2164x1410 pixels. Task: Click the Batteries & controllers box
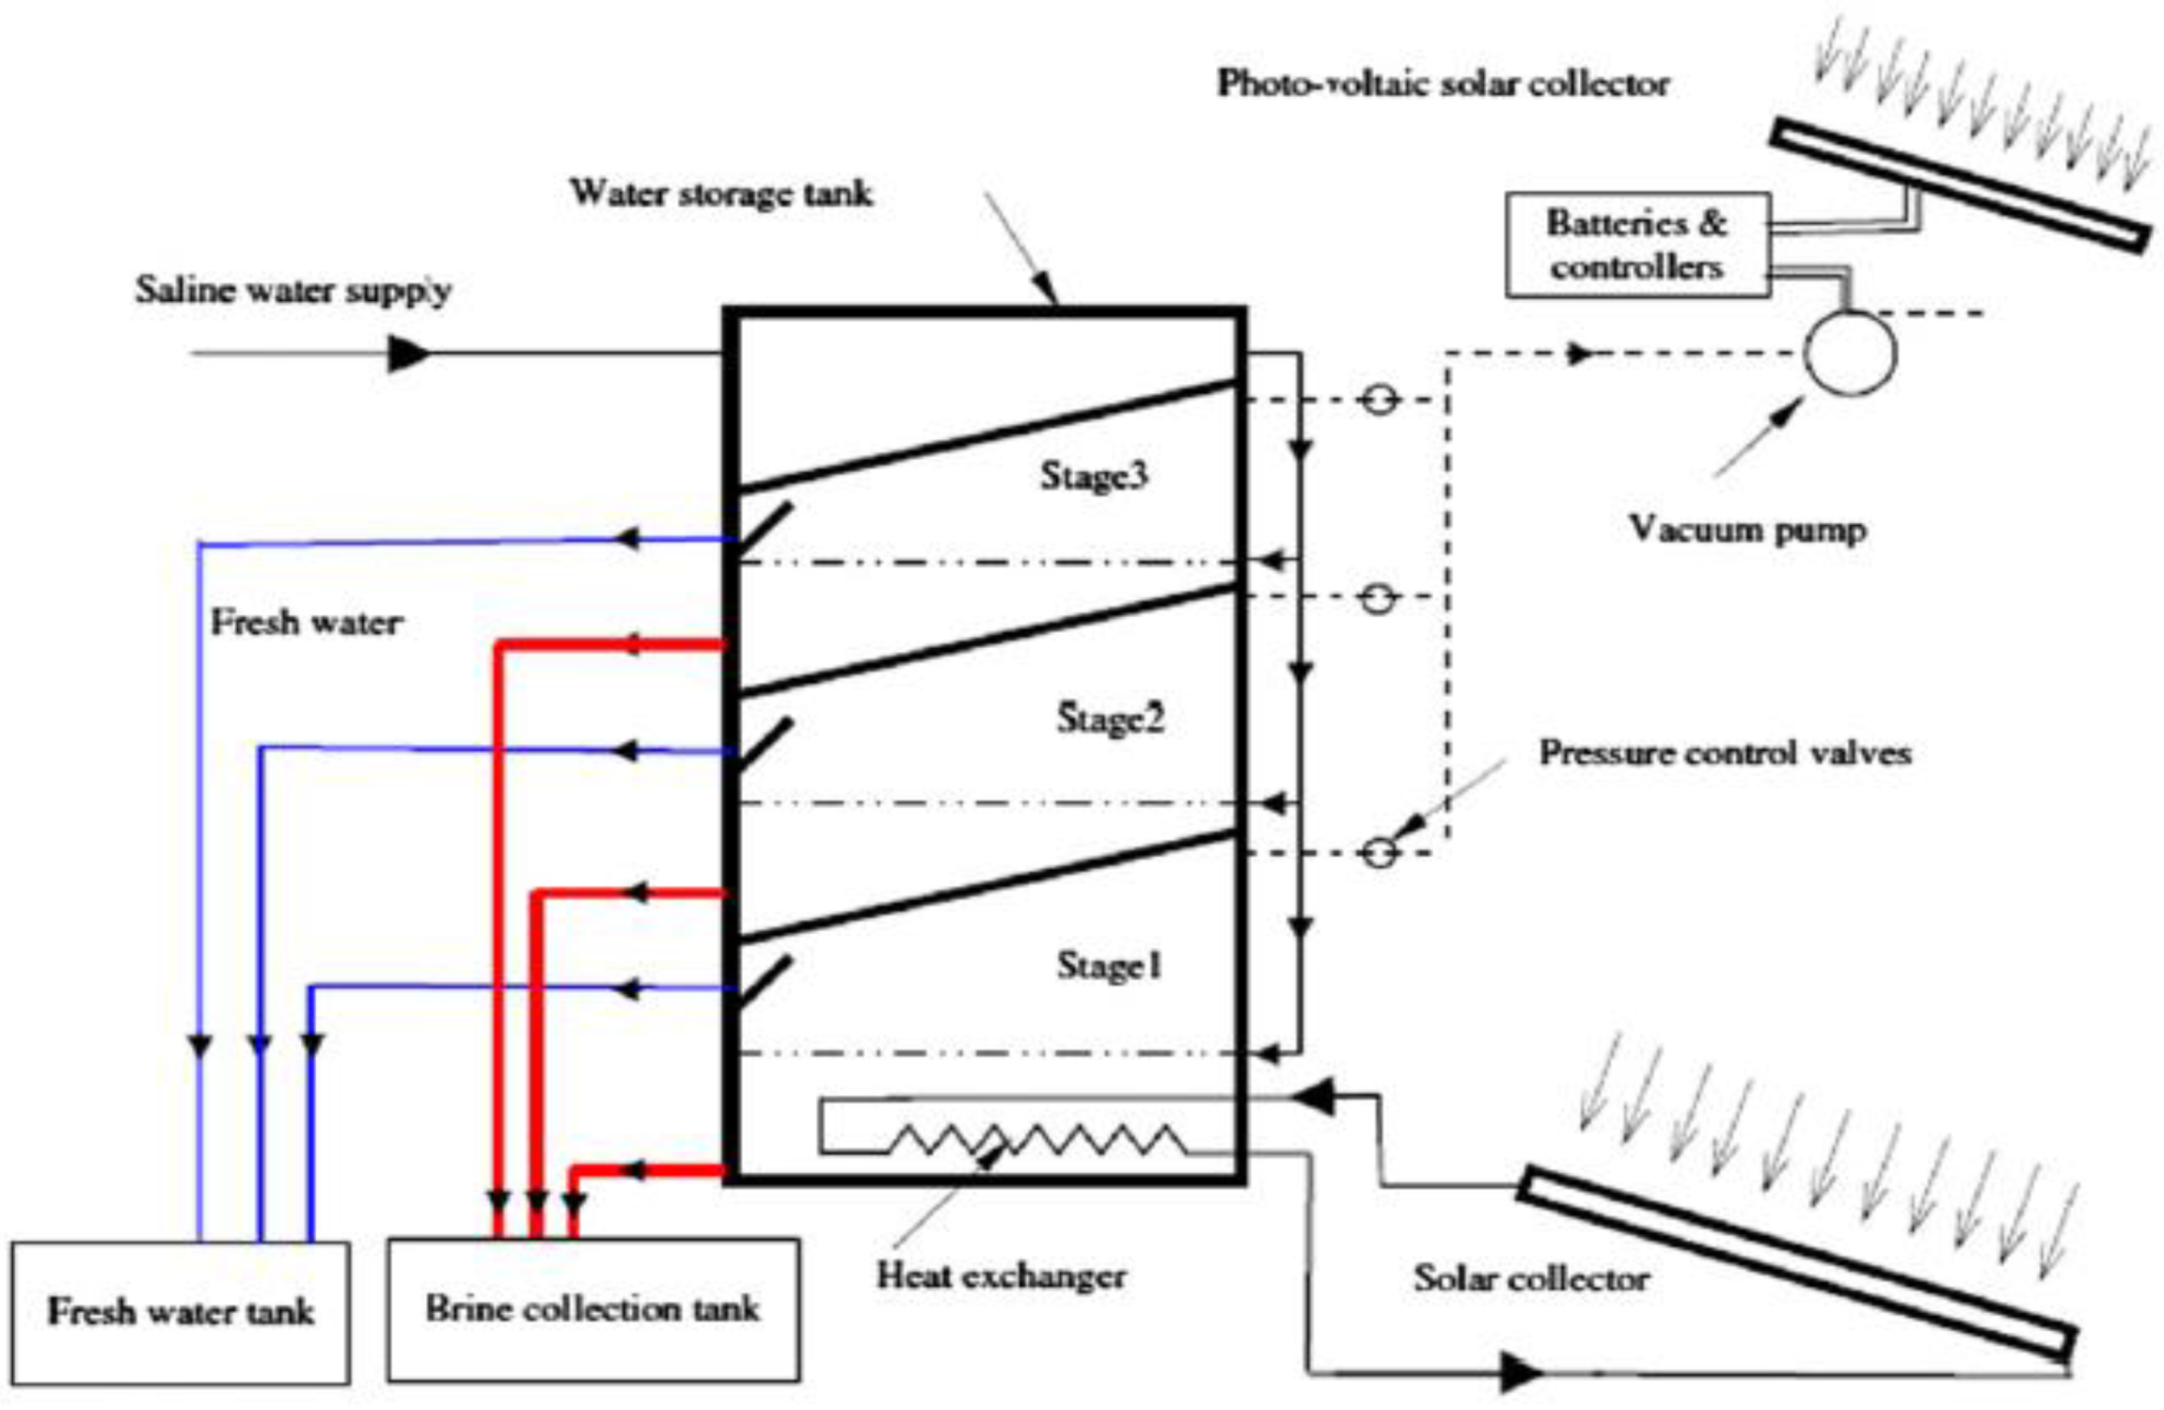[x=1637, y=246]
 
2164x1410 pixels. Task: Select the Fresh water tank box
[x=181, y=1312]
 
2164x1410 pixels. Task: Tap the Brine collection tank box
[x=593, y=1309]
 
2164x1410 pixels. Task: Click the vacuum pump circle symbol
[x=1849, y=354]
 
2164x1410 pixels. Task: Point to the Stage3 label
[x=1094, y=476]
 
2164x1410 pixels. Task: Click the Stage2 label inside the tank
[x=1110, y=719]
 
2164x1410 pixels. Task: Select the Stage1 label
[x=1110, y=966]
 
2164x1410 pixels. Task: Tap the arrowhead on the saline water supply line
[x=408, y=354]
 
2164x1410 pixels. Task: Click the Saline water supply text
[x=293, y=290]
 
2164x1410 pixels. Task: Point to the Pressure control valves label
[x=1725, y=753]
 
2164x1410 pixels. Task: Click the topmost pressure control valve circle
[x=1380, y=401]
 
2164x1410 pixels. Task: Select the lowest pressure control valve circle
[x=1380, y=853]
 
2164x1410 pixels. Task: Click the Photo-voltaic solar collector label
[x=1443, y=85]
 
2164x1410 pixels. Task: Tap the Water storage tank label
[x=721, y=194]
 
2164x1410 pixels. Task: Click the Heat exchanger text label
[x=1001, y=1276]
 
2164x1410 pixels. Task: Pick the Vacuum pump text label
[x=1747, y=530]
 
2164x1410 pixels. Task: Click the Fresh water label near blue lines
[x=307, y=623]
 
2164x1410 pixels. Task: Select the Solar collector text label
[x=1531, y=1278]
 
